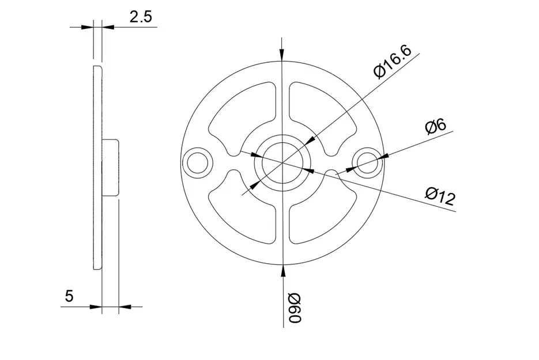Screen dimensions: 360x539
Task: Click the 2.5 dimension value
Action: (x=141, y=17)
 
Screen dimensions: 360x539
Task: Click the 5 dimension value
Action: (x=69, y=296)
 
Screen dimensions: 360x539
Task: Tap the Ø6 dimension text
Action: (x=435, y=126)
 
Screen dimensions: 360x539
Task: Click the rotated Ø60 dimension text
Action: (x=295, y=308)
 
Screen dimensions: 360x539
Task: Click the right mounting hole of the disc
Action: (x=367, y=162)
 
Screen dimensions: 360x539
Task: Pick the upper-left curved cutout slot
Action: (x=242, y=112)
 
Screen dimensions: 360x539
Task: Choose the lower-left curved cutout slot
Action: (x=242, y=213)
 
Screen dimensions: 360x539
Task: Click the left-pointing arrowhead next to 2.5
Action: (x=108, y=26)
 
